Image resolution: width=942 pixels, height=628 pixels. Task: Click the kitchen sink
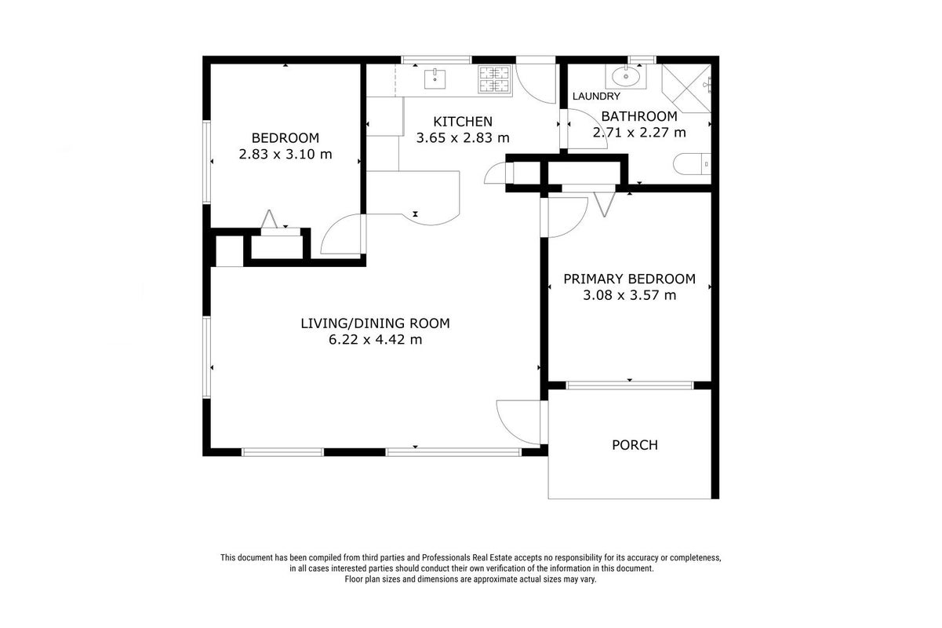coord(435,79)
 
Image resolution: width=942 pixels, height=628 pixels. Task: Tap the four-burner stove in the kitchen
coord(495,79)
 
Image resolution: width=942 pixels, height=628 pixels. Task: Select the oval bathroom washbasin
coord(626,77)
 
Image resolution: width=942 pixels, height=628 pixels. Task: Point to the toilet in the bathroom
coord(692,164)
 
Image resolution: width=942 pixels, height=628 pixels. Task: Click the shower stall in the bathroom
coord(686,89)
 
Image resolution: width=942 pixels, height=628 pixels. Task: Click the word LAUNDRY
coord(596,97)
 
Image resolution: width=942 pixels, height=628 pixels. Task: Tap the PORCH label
coord(635,445)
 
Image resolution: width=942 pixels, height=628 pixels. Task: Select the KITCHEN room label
coord(463,122)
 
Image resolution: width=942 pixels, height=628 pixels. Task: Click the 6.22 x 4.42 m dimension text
coord(375,339)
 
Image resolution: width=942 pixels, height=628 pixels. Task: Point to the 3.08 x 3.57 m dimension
coord(630,295)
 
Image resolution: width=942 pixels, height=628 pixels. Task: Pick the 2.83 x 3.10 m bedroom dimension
coord(286,154)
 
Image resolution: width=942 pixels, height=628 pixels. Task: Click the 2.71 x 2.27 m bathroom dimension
coord(640,133)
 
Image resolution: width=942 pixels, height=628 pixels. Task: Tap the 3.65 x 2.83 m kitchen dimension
coord(463,137)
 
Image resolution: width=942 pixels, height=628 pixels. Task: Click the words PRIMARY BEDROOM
coord(630,279)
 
